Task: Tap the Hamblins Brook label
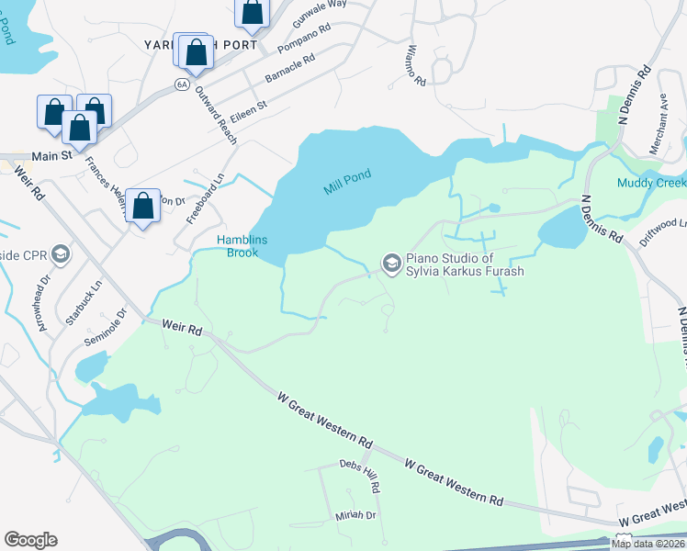[242, 246]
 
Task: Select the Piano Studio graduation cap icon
[391, 264]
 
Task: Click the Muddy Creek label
[651, 182]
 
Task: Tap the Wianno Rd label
[417, 66]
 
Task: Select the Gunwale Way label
[319, 15]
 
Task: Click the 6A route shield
[182, 84]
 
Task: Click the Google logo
[30, 540]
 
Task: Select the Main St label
[53, 156]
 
